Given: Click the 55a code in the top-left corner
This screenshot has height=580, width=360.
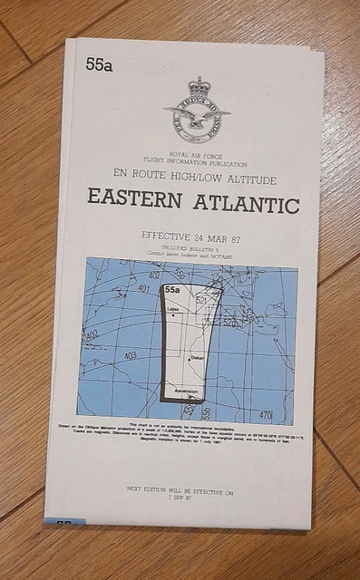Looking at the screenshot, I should [x=99, y=64].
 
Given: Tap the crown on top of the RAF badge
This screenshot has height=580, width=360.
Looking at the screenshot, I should [x=199, y=87].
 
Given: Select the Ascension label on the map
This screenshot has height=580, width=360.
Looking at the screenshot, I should [x=186, y=391].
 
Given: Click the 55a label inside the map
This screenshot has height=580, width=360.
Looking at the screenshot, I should [x=172, y=291].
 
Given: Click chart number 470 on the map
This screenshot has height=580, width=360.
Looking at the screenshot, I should [x=266, y=414].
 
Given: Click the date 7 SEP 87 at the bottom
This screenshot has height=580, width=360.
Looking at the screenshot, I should [x=179, y=498].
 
